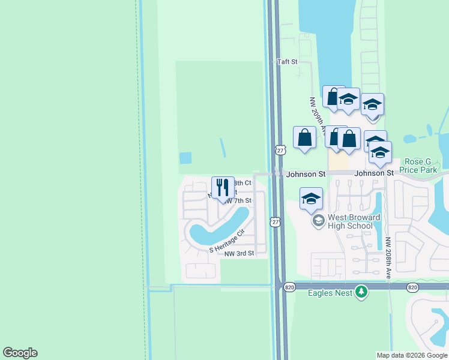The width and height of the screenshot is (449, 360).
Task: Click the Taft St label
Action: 287,62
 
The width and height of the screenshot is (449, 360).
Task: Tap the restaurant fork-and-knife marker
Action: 223,187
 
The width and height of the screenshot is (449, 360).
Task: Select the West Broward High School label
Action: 350,221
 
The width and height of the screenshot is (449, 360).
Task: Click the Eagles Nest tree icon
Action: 361,292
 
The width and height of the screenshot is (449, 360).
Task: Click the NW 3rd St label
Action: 240,254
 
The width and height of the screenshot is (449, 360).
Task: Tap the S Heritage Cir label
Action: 228,241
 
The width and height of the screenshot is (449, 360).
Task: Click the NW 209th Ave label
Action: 317,116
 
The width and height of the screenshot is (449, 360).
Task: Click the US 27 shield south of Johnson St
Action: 276,221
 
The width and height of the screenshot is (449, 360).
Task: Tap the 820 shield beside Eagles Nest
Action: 289,287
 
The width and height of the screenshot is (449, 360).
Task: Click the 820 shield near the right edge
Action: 412,287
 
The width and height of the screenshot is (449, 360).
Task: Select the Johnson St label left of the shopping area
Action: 306,174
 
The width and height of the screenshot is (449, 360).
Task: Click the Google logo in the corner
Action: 20,353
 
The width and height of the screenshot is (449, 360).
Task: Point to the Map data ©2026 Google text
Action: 412,355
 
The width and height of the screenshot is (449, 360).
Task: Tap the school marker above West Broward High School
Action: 311,199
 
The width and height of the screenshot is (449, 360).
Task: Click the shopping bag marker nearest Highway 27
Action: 305,137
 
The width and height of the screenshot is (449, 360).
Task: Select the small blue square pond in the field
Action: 185,158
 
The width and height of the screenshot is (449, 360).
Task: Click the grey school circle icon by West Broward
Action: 318,221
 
